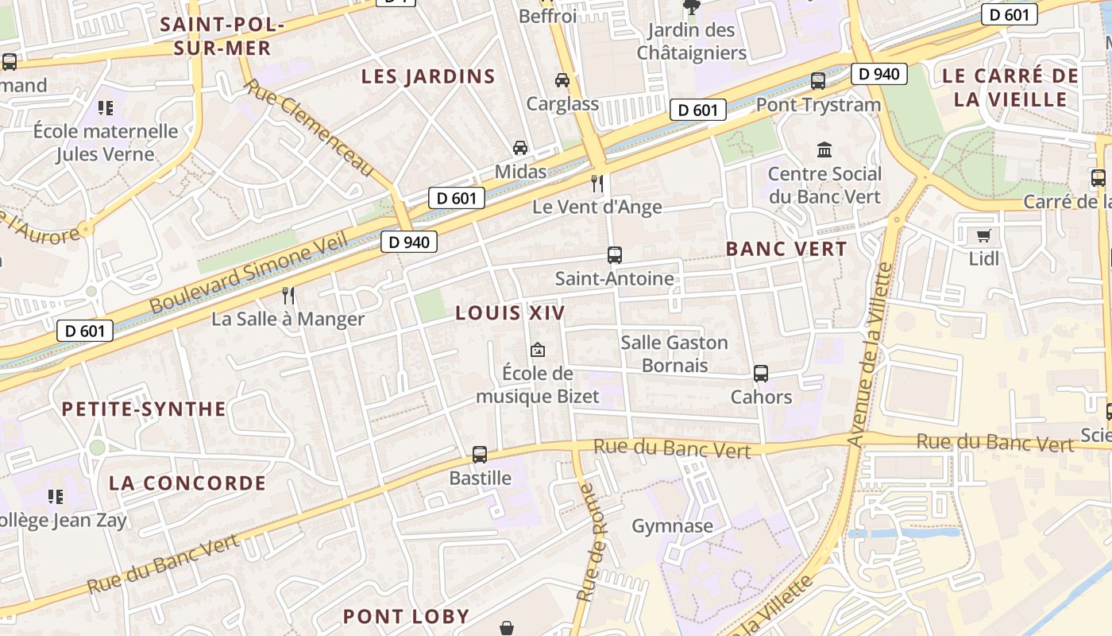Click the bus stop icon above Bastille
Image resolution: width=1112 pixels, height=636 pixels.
[480, 455]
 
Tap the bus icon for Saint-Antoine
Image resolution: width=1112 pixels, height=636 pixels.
[614, 255]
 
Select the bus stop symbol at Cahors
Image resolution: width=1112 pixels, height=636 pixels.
[761, 373]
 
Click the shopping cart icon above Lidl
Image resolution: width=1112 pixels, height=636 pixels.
[983, 235]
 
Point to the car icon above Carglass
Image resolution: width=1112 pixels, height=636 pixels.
[562, 80]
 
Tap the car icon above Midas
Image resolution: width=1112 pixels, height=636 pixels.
[520, 148]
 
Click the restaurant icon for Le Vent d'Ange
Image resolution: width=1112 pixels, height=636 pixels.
[597, 184]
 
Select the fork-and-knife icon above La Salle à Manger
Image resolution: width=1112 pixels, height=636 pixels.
[288, 296]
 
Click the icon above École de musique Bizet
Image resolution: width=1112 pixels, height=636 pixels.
[538, 350]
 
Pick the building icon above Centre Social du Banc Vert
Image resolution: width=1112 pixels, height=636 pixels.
[824, 149]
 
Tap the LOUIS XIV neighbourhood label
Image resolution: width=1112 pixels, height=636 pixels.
[510, 313]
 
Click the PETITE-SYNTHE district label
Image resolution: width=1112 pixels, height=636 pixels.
[144, 409]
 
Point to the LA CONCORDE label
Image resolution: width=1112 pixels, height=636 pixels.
[187, 483]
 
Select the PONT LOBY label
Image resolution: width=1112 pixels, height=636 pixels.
[406, 616]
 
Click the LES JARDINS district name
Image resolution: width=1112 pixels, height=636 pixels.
[428, 77]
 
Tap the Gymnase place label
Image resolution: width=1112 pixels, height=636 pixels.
[672, 526]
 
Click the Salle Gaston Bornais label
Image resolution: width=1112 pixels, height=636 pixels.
[674, 354]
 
